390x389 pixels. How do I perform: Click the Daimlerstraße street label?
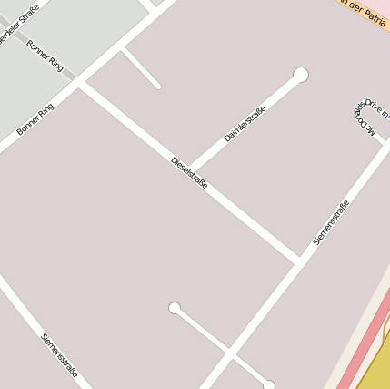(245, 124)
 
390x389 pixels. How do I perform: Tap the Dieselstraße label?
(189, 173)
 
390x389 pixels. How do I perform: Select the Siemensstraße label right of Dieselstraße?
(331, 222)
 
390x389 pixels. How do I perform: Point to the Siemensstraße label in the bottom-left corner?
(60, 355)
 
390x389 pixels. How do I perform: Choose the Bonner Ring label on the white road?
(35, 119)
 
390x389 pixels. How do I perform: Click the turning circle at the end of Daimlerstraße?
(301, 75)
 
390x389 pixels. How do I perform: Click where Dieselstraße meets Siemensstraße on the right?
(297, 261)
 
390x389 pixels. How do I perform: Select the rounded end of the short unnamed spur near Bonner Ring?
(157, 87)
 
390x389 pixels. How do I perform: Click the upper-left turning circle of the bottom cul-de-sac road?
(175, 308)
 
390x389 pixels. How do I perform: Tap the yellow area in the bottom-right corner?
(378, 364)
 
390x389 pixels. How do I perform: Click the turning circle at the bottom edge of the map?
(269, 385)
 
